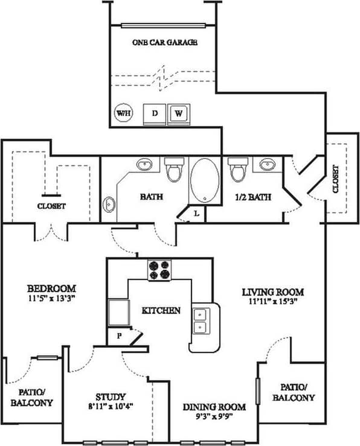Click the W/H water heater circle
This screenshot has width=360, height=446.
tap(123, 113)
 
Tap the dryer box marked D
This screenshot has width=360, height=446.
tap(154, 113)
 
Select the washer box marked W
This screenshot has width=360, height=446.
tap(179, 113)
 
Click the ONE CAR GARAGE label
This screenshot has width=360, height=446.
tap(165, 43)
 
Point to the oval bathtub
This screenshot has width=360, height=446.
tap(206, 180)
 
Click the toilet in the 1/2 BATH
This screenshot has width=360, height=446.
tap(237, 169)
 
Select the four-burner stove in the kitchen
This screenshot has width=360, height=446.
tap(159, 270)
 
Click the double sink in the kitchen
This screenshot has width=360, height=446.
tap(200, 320)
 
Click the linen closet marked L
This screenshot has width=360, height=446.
tap(197, 213)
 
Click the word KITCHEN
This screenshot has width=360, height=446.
tap(161, 311)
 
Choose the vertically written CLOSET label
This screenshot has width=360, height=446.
tap(335, 179)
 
